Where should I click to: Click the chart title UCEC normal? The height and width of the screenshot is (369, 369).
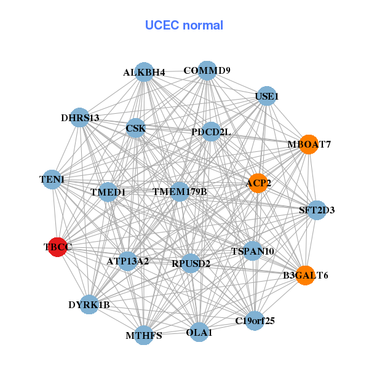pos(184,25)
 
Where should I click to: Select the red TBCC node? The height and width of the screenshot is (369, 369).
pos(57,247)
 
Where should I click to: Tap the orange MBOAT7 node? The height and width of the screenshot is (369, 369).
pos(308,145)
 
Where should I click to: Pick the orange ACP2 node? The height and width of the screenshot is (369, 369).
pos(258,183)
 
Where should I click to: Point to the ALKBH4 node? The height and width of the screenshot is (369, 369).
pos(144,72)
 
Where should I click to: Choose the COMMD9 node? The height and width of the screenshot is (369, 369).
pos(207,70)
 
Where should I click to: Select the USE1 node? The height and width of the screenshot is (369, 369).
pos(266,96)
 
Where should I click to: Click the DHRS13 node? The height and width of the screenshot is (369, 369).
pos(80,117)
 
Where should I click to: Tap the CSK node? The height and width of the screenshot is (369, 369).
pos(135,128)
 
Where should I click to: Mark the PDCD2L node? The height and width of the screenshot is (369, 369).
pos(211,132)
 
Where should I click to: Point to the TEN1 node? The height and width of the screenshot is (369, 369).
pos(52,179)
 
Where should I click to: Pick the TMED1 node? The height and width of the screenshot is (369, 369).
pos(108,192)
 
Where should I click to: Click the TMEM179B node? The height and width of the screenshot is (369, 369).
pos(180,192)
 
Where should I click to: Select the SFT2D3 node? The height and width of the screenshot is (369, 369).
pos(317,210)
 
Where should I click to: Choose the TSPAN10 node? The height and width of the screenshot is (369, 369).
pos(253,251)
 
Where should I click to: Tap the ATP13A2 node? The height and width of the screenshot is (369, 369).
pos(128,261)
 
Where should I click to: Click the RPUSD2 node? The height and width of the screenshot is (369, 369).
pos(191,264)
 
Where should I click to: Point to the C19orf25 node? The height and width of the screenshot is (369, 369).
pos(255,320)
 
